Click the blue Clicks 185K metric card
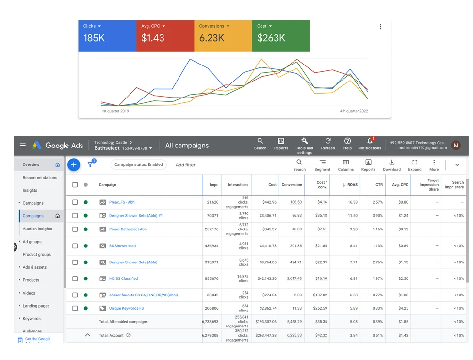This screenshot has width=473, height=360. [107, 36]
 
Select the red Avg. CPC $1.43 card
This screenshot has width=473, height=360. [165, 36]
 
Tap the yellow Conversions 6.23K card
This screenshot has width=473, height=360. [223, 36]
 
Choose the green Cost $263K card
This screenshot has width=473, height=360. [281, 36]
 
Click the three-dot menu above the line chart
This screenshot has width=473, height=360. [381, 27]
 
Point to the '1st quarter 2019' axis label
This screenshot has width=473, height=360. [115, 111]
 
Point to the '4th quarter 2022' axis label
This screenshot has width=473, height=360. [354, 111]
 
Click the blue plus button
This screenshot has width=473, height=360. [74, 164]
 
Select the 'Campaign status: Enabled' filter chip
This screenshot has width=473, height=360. [138, 164]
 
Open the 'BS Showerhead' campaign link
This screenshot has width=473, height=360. [122, 246]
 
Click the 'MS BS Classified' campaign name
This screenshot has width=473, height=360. [123, 278]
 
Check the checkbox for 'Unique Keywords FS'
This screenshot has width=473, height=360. [75, 308]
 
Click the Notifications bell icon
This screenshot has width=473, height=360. [370, 141]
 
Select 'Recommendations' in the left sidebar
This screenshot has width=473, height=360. [40, 178]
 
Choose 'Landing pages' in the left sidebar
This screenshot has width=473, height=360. [36, 306]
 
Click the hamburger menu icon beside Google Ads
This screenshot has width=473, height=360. [23, 145]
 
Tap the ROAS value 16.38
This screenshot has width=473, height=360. [353, 202]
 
